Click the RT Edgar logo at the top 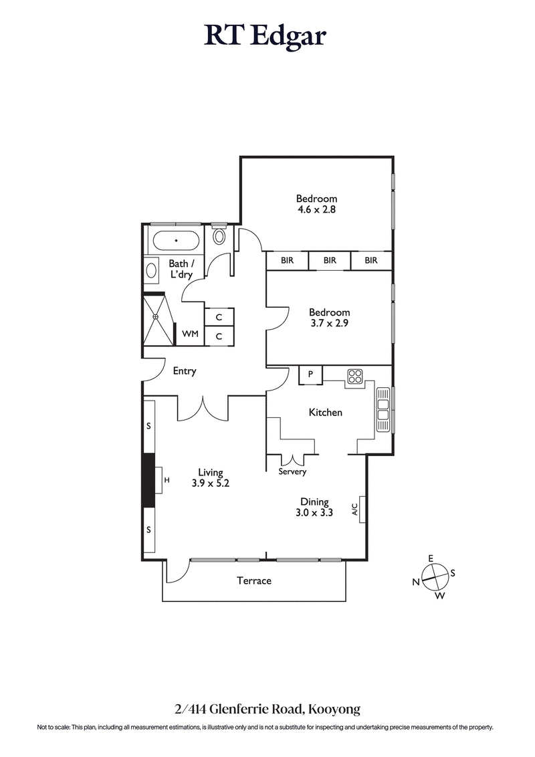click(265, 35)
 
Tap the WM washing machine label click(190, 334)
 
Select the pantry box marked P click(310, 374)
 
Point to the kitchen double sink click(383, 409)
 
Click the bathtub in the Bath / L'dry click(176, 239)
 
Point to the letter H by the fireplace click(167, 480)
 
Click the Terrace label click(254, 580)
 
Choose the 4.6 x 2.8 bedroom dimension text click(316, 209)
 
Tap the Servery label click(293, 471)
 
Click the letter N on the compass click(416, 582)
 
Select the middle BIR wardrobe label click(330, 260)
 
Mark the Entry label click(184, 371)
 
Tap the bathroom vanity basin click(151, 272)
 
